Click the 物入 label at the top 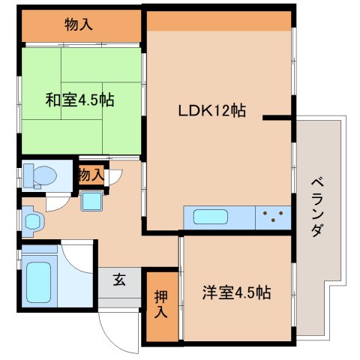click(x=79, y=25)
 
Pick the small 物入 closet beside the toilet click(x=91, y=175)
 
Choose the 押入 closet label click(x=161, y=304)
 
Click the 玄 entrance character click(x=119, y=280)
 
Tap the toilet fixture click(x=39, y=175)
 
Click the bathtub click(x=37, y=277)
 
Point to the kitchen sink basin click(x=214, y=218)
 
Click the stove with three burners click(x=274, y=218)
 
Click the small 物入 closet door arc click(x=115, y=178)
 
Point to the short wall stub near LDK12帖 click(x=277, y=117)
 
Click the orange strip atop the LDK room click(x=218, y=21)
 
